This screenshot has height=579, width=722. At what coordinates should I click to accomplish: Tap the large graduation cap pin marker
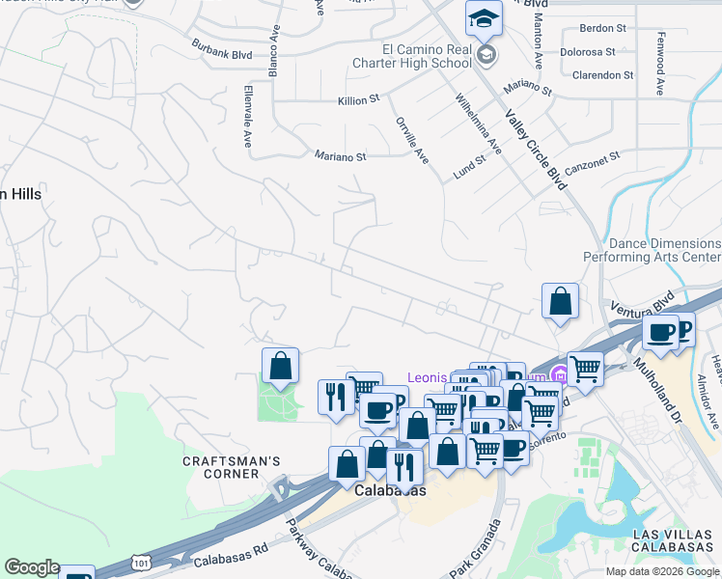(484, 19)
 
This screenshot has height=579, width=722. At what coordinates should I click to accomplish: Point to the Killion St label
(359, 99)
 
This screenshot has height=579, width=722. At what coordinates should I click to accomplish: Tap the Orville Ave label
(412, 140)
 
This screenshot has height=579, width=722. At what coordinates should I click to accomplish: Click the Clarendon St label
(602, 74)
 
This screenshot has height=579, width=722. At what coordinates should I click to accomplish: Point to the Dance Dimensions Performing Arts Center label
(652, 251)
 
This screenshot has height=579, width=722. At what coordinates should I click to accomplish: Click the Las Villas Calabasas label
(674, 540)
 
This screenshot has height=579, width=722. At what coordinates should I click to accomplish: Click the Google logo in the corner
(32, 567)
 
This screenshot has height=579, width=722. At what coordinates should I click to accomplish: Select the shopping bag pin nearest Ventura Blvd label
(560, 302)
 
